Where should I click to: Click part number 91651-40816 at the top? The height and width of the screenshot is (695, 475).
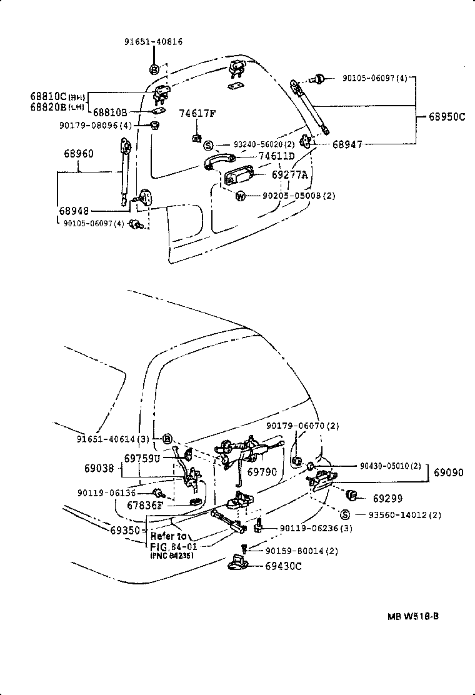152,42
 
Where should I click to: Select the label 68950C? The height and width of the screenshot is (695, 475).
446,116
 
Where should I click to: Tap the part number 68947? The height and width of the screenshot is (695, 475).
347,144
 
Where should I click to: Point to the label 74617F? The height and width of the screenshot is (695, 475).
197,114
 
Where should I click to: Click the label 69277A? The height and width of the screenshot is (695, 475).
289,176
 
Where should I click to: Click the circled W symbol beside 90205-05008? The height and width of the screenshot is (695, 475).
239,196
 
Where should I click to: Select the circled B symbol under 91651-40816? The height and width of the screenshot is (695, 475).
153,68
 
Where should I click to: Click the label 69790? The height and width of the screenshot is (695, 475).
261,472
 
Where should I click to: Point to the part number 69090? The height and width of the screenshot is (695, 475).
449,473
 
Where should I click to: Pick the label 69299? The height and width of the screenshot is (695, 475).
387,499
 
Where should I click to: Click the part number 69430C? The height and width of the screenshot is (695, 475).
283,566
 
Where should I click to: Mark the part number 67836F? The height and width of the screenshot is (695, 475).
144,505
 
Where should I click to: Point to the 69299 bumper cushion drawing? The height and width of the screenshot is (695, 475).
351,496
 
